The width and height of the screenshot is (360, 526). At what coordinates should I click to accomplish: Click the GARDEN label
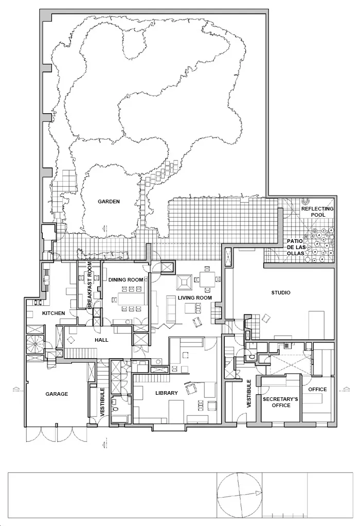click(109, 202)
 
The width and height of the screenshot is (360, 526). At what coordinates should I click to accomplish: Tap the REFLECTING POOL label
click(317, 212)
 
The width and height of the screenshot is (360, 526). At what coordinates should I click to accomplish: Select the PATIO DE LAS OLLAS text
click(296, 247)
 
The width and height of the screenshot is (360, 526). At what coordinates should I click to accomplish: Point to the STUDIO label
click(281, 292)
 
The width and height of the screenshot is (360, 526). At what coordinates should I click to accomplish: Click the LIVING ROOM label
click(195, 297)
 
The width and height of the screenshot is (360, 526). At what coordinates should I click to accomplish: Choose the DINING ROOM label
click(125, 279)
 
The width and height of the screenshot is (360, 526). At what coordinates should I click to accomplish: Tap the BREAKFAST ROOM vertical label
click(89, 285)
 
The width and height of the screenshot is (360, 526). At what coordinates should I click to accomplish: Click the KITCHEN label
click(53, 313)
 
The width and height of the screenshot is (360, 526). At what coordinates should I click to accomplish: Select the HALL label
click(101, 340)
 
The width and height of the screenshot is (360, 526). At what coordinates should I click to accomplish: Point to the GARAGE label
click(57, 394)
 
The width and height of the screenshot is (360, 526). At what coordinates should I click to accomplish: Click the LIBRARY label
click(167, 393)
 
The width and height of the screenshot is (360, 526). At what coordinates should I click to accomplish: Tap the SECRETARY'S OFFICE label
click(281, 402)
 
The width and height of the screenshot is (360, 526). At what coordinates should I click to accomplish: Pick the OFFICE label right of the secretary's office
click(317, 389)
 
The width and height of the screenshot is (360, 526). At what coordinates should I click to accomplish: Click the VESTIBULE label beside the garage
click(102, 402)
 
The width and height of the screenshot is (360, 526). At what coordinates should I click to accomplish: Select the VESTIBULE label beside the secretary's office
click(249, 394)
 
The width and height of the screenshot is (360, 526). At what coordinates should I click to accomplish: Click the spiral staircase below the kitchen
click(35, 343)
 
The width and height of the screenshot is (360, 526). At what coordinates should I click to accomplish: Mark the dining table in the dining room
click(132, 299)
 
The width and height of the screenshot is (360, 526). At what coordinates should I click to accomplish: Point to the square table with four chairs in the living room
click(207, 279)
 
